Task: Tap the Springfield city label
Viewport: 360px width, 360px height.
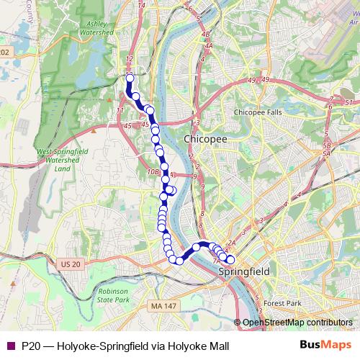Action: click(243, 271)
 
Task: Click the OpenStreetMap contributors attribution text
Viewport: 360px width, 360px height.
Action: click(297, 323)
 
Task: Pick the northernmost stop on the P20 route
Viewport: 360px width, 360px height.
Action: click(130, 78)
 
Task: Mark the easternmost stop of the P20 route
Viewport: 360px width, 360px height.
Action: click(230, 259)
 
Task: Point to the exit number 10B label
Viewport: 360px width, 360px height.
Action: click(152, 172)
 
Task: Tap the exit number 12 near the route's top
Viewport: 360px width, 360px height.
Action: click(130, 59)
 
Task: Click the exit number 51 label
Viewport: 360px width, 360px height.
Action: click(348, 103)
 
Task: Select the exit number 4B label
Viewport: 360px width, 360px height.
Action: click(205, 34)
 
